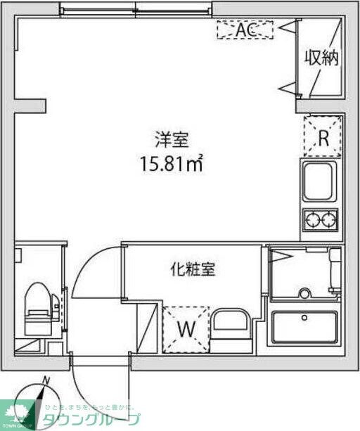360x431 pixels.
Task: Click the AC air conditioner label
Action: coord(244,30)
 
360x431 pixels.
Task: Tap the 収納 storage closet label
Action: coord(321,58)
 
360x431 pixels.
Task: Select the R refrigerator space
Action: coord(323,136)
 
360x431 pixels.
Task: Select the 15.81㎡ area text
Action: coord(171,165)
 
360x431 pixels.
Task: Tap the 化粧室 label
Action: coord(192,268)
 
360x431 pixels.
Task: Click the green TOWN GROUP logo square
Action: coord(16,411)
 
